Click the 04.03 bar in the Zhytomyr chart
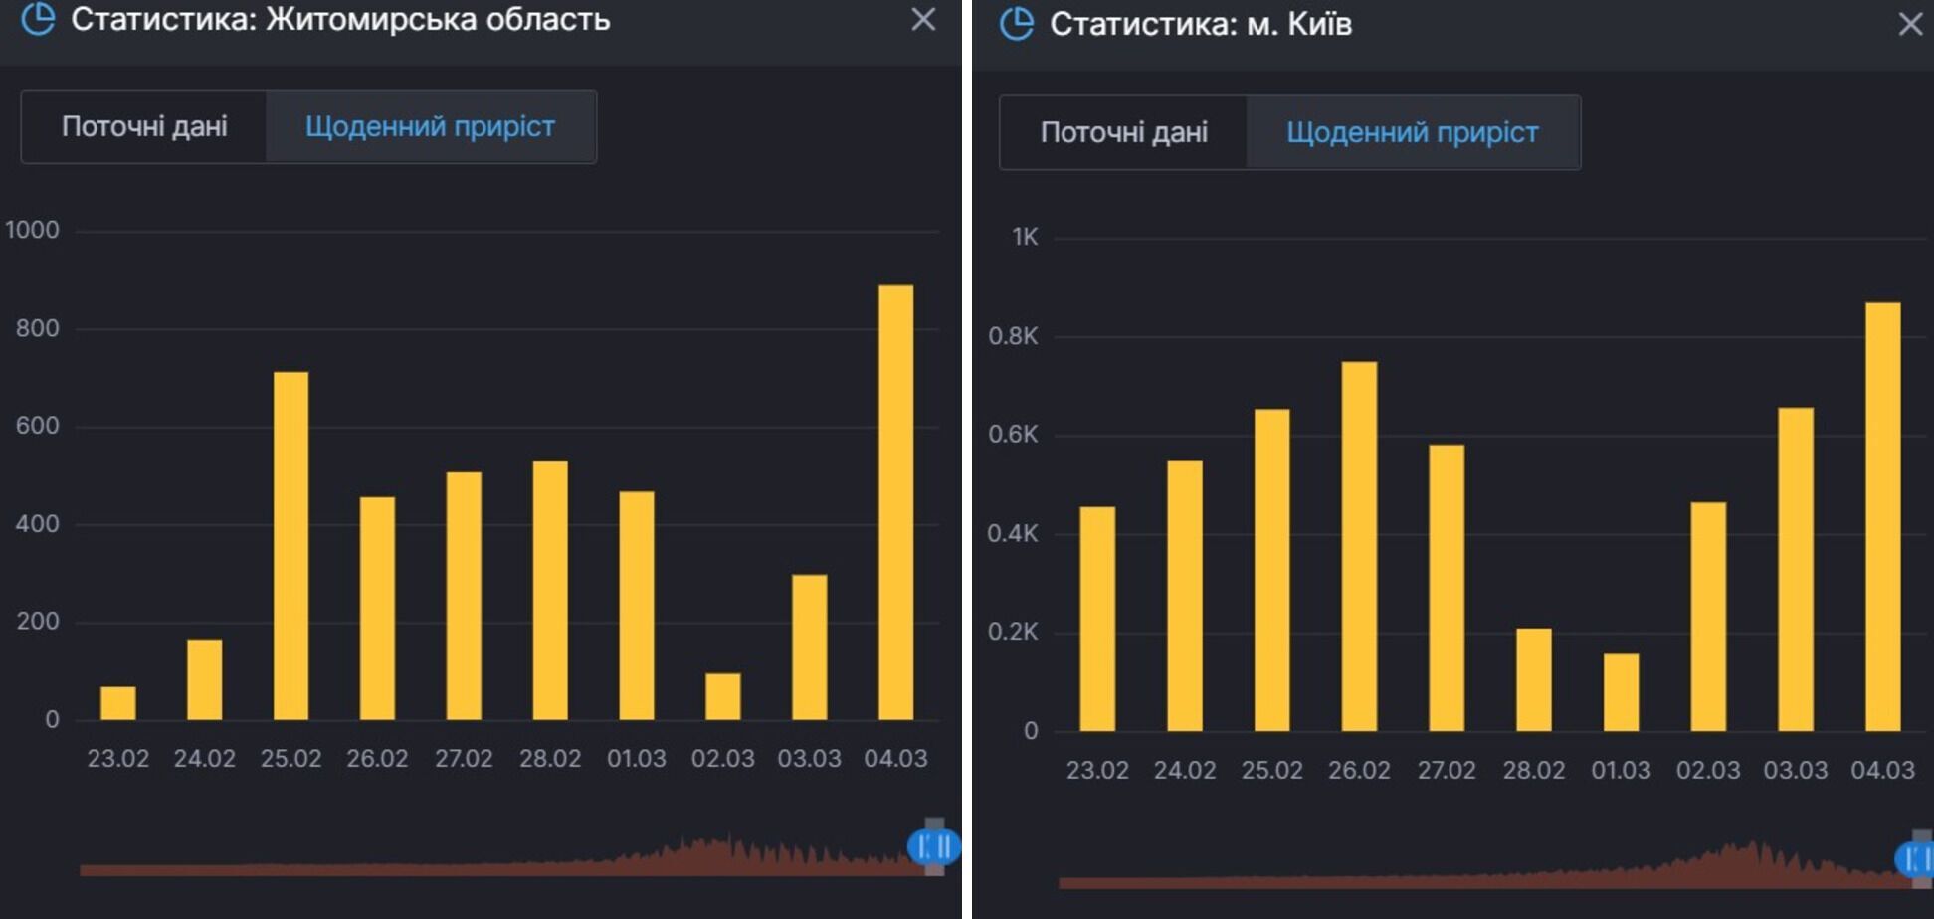point(895,502)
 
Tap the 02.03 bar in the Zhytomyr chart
point(723,696)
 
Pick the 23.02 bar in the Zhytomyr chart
point(118,703)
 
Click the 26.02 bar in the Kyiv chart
point(1359,546)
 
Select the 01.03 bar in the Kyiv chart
point(1621,692)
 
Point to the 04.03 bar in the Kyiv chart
point(1882,516)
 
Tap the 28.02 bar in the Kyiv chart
point(1533,679)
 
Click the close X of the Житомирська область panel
point(923,19)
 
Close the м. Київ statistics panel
point(1910,24)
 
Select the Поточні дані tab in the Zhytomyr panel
point(144,126)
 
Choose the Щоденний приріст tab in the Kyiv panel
point(1412,132)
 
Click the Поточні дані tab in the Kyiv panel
point(1123,132)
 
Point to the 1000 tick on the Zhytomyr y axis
point(33,230)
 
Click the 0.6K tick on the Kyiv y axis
point(1013,434)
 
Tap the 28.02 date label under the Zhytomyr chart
point(550,758)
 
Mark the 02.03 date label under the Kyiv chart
point(1708,770)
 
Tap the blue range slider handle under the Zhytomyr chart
point(933,846)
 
